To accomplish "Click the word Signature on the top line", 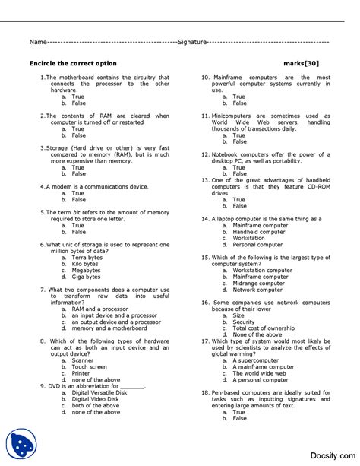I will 191,43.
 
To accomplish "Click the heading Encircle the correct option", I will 73,63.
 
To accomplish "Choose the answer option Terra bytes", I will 87,258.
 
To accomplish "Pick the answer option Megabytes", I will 86,270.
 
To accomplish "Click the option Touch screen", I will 89,366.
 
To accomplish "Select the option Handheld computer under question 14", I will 259,232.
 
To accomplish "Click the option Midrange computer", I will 261,283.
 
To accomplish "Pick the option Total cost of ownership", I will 264,328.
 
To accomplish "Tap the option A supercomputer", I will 255,360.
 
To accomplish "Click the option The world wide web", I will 259,373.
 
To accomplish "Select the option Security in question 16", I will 244,322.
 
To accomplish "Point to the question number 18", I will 205,392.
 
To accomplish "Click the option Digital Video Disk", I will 95,399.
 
